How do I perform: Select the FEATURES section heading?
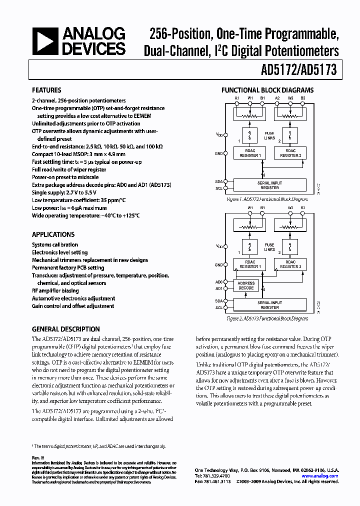click(x=46, y=90)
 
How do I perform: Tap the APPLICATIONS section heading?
click(x=53, y=234)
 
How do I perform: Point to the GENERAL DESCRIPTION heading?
click(x=65, y=329)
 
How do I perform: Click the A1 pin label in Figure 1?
click(x=237, y=97)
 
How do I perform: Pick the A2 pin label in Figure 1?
click(x=276, y=97)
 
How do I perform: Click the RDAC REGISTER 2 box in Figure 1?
click(x=290, y=153)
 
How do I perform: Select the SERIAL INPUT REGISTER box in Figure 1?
click(x=269, y=185)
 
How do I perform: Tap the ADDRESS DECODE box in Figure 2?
click(x=246, y=285)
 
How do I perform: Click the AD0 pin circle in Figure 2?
click(x=226, y=281)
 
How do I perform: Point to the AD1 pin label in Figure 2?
click(x=218, y=288)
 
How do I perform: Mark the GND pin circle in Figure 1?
click(x=226, y=153)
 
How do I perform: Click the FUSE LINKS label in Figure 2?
click(x=269, y=246)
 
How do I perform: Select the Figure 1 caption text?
click(x=267, y=199)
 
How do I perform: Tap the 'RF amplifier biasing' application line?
click(x=55, y=290)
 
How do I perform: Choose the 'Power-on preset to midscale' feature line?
click(x=65, y=177)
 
